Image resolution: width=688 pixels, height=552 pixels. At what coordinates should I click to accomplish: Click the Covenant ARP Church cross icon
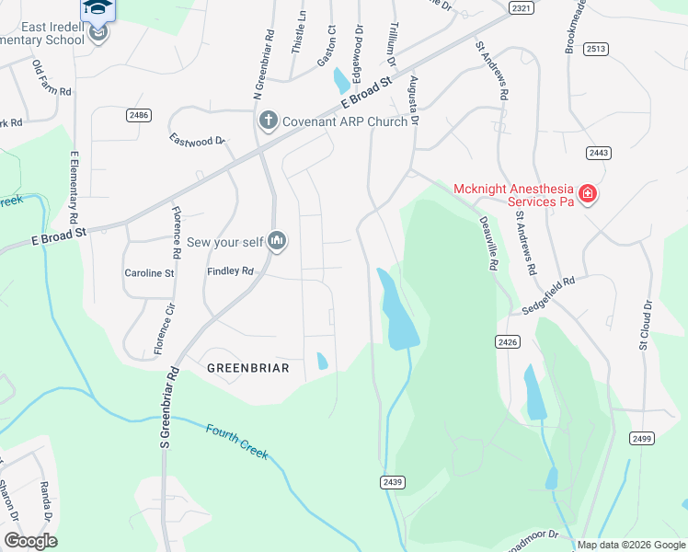click(269, 121)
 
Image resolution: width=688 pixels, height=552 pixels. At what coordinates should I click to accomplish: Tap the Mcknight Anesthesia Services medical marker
click(587, 195)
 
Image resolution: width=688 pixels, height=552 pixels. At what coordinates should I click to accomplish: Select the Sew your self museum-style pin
click(277, 242)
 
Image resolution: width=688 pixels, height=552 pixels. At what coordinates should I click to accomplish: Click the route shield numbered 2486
click(139, 115)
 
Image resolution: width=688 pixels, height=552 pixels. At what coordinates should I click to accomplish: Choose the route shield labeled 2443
click(599, 153)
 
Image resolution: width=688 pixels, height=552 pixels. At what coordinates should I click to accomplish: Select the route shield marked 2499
click(643, 438)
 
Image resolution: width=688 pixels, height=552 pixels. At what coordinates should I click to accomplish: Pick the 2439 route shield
click(391, 482)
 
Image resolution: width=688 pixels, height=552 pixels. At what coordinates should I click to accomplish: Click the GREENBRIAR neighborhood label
click(247, 368)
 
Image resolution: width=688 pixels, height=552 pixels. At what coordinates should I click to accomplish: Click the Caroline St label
click(149, 273)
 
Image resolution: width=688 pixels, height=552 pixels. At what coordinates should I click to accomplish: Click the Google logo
click(30, 541)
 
